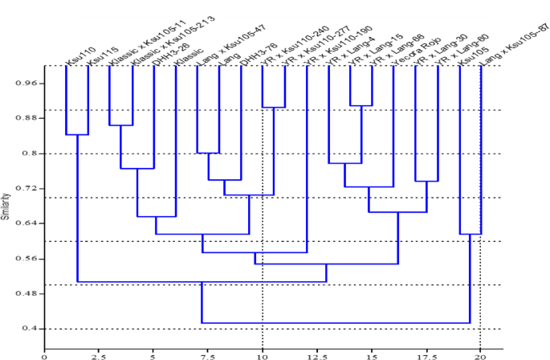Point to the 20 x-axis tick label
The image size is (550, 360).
point(480,352)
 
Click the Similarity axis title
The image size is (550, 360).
point(6,206)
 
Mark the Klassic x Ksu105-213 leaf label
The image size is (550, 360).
point(165,35)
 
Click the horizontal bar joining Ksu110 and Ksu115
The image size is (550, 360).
point(77,135)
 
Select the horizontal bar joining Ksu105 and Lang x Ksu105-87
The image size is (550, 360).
point(470,234)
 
